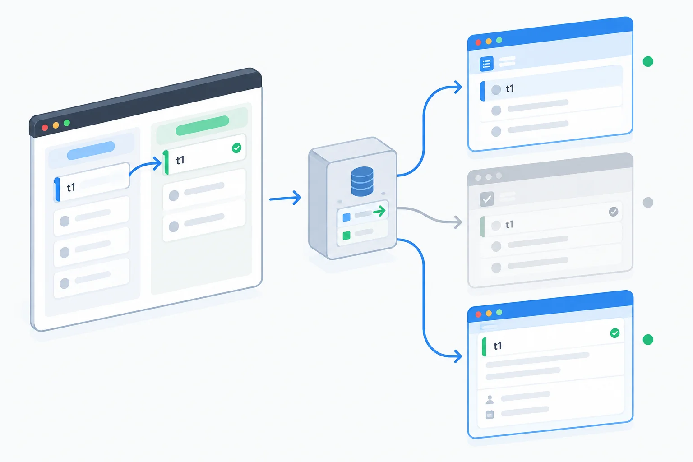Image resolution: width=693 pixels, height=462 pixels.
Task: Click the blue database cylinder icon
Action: [x=362, y=181]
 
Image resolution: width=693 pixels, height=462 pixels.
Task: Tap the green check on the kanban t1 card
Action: [x=237, y=148]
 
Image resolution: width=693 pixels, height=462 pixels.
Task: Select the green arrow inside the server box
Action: [x=379, y=211]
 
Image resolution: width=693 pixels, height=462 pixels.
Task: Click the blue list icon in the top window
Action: [x=486, y=64]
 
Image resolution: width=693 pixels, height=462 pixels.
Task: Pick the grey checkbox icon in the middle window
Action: [x=487, y=199]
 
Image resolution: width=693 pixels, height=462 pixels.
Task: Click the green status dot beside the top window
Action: [x=648, y=61]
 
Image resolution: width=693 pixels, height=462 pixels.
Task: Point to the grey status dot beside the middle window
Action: [x=648, y=203]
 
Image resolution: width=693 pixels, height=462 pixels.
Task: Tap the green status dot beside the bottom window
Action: [x=648, y=339]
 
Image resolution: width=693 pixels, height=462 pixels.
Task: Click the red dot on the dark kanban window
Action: [x=45, y=128]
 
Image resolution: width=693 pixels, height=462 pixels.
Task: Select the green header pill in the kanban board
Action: [x=202, y=125]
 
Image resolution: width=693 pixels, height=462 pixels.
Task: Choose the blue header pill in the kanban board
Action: [x=91, y=150]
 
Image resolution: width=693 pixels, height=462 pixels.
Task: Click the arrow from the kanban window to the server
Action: [x=285, y=198]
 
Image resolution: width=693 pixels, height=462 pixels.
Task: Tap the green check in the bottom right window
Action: [x=615, y=333]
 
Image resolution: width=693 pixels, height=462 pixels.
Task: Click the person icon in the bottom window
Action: [x=490, y=399]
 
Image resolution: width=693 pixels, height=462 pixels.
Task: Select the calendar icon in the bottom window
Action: [x=490, y=414]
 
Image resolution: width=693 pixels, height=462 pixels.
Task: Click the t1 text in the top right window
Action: [x=509, y=89]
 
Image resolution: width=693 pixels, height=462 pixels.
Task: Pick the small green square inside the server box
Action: [x=346, y=236]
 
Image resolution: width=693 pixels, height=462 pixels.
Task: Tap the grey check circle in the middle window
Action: [x=614, y=212]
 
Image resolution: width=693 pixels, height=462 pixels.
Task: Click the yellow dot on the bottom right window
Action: [x=489, y=313]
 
